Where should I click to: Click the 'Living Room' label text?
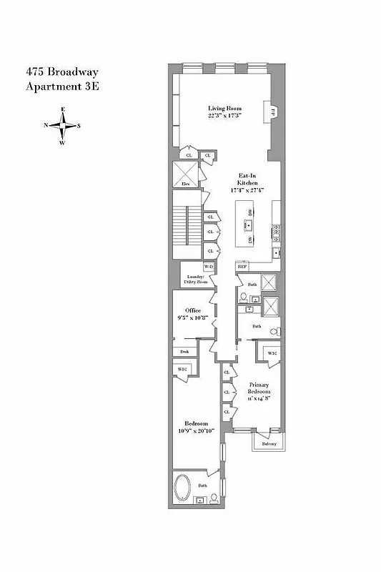[x=224, y=109]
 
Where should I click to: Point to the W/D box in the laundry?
[x=208, y=266]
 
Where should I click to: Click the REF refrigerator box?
[x=242, y=267]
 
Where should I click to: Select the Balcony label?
[x=268, y=443]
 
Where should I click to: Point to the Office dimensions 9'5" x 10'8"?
[x=193, y=319]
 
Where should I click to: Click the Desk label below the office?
[x=184, y=352]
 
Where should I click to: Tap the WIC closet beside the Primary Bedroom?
[x=272, y=354]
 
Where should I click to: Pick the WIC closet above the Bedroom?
[x=182, y=370]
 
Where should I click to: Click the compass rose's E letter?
[x=64, y=108]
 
